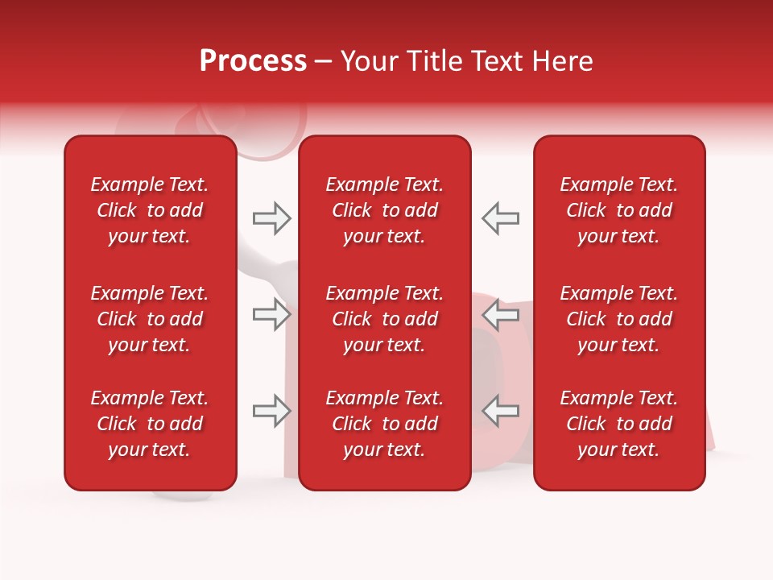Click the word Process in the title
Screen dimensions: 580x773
click(253, 61)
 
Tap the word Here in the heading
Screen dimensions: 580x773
click(562, 61)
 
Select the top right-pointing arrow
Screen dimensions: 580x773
click(271, 218)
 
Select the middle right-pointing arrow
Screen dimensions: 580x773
click(271, 314)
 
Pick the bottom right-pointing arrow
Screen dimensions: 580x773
click(271, 411)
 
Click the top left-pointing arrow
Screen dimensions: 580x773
click(500, 218)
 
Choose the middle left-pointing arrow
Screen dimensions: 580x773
click(500, 314)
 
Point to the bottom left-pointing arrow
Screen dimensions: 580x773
click(500, 411)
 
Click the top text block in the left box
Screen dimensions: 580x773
click(150, 210)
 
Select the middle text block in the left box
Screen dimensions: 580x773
click(150, 319)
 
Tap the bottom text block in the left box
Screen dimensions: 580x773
click(150, 424)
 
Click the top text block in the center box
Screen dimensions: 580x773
click(384, 210)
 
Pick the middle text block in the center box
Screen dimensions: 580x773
click(384, 319)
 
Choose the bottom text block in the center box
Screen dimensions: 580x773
click(384, 424)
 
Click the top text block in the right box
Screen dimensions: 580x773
click(619, 210)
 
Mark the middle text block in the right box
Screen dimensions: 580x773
click(619, 319)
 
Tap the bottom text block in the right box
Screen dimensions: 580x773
click(619, 424)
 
